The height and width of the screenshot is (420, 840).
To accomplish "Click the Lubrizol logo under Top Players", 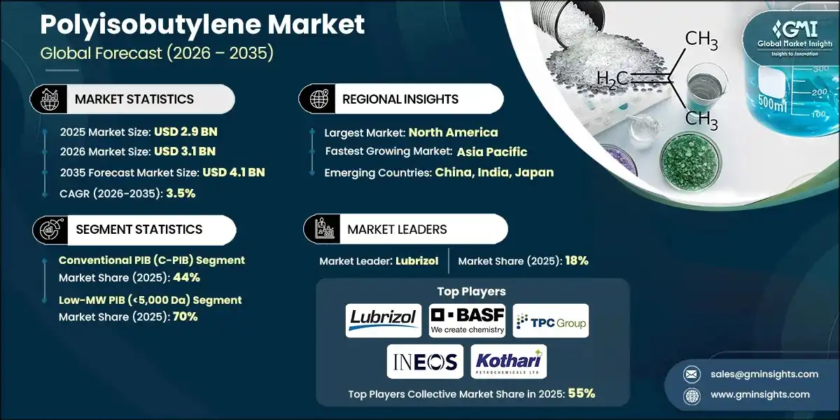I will tap(383, 321).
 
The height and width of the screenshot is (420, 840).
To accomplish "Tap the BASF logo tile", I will tap(467, 321).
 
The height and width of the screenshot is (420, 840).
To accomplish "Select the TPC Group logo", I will tap(551, 321).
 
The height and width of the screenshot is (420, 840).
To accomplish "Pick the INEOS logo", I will tap(425, 361).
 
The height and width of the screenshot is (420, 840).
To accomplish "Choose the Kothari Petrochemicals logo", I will tap(509, 361).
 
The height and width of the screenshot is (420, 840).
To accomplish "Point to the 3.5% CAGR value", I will tap(181, 193).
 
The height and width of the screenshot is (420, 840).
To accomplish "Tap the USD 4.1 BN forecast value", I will tap(233, 172).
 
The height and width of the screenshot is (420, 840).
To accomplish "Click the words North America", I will tap(453, 132).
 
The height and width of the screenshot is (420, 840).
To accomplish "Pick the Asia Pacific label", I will tap(492, 152).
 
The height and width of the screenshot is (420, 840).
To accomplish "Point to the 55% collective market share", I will tap(581, 393).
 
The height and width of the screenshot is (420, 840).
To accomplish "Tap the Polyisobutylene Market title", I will tap(202, 25).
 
